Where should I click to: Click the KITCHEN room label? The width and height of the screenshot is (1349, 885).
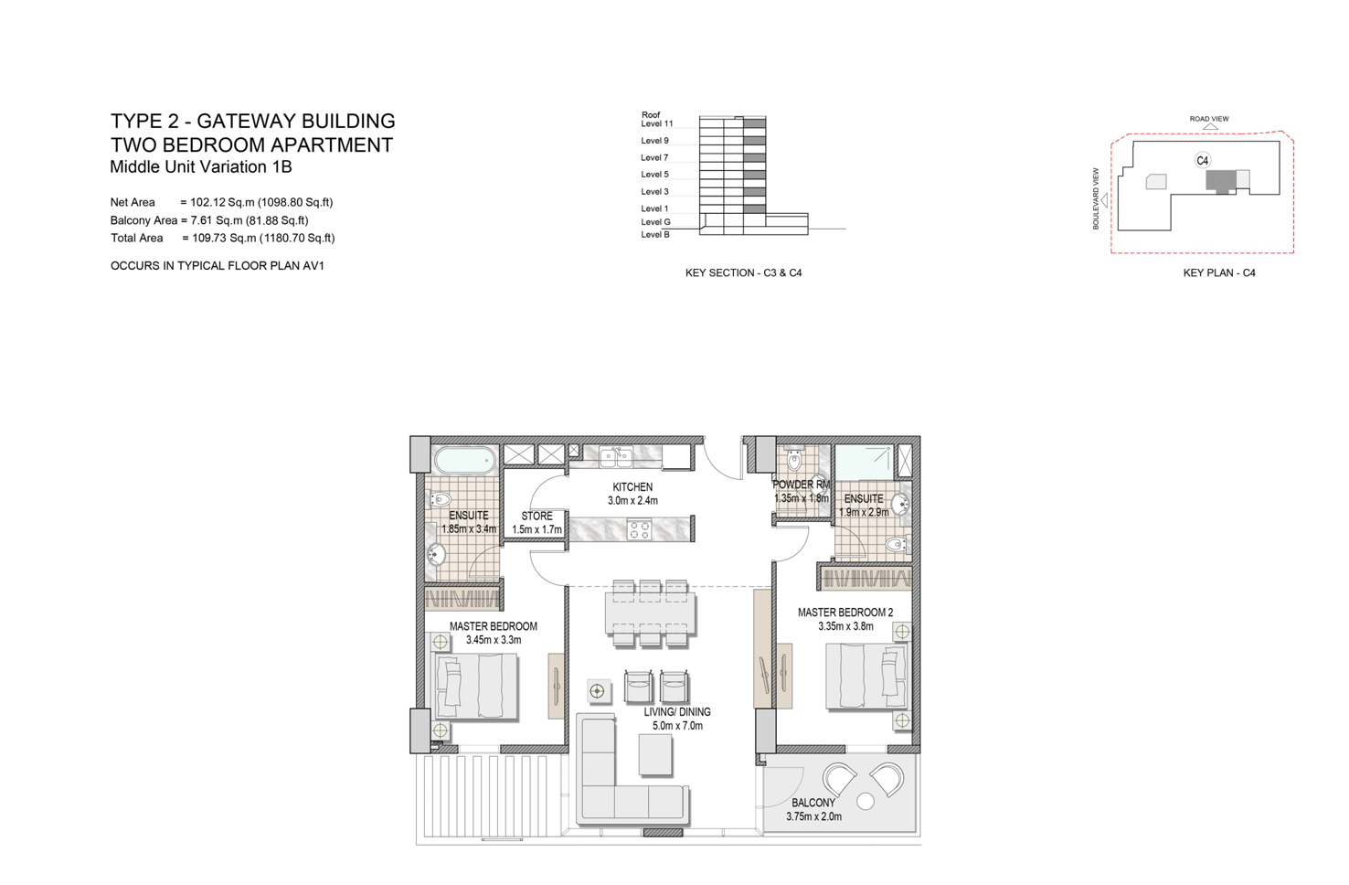pyautogui.click(x=632, y=487)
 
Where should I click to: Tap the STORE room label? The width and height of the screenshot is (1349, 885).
pyautogui.click(x=536, y=517)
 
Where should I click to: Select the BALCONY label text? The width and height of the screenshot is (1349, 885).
pyautogui.click(x=813, y=803)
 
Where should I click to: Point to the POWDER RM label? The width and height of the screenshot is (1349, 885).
pyautogui.click(x=802, y=485)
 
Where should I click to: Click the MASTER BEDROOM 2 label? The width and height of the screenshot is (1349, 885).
pyautogui.click(x=845, y=613)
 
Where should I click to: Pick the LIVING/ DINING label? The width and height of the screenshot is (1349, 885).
pyautogui.click(x=677, y=712)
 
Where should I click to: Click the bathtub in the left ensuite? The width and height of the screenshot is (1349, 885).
pyautogui.click(x=465, y=459)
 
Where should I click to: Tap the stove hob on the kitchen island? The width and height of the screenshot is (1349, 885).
pyautogui.click(x=639, y=529)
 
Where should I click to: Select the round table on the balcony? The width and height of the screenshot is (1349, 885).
pyautogui.click(x=866, y=802)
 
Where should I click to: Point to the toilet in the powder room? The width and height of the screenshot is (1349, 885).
pyautogui.click(x=794, y=460)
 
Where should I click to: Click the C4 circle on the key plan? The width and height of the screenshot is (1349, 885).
pyautogui.click(x=1203, y=161)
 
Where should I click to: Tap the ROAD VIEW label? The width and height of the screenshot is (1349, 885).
pyautogui.click(x=1209, y=119)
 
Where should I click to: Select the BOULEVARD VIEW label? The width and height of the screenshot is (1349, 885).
pyautogui.click(x=1097, y=198)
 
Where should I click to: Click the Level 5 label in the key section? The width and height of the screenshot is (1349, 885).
pyautogui.click(x=654, y=175)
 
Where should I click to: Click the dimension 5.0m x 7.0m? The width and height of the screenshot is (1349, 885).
pyautogui.click(x=677, y=726)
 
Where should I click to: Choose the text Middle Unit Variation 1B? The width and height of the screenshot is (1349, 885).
pyautogui.click(x=201, y=167)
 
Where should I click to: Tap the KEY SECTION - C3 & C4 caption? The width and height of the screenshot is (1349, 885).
pyautogui.click(x=743, y=273)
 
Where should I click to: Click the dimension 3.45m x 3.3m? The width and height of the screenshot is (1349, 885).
pyautogui.click(x=494, y=640)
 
